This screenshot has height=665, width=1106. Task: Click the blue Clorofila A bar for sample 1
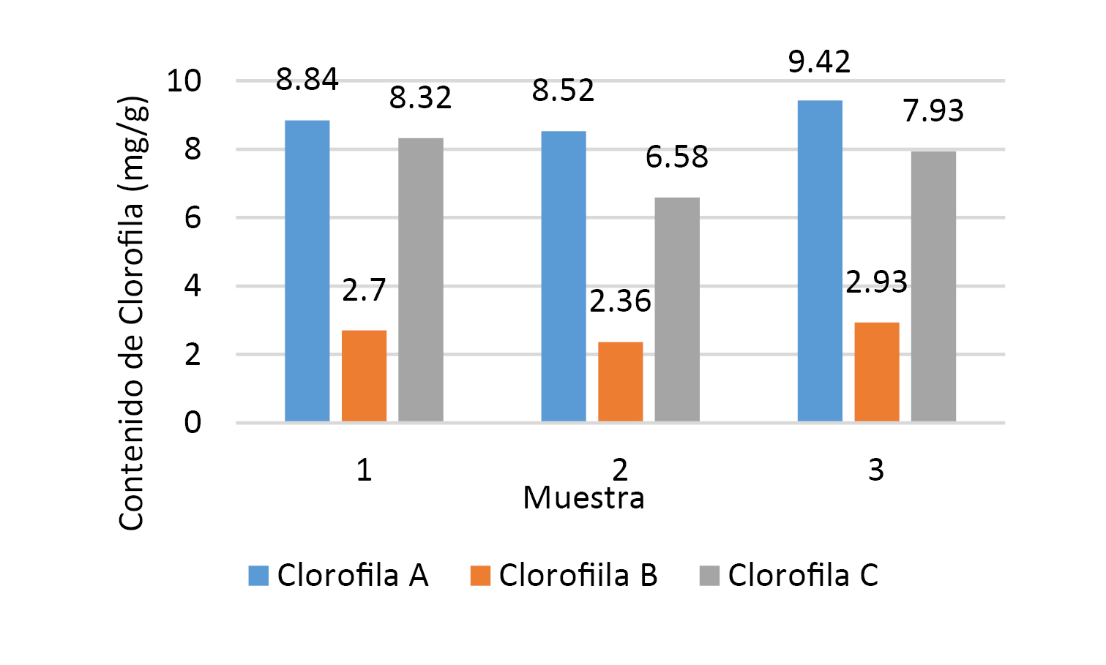point(307,271)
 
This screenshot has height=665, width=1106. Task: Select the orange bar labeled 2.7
point(364,376)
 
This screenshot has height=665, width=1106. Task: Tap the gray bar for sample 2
point(677,309)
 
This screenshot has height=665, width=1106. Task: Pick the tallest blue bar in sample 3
point(820,261)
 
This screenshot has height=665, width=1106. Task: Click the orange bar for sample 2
point(621,382)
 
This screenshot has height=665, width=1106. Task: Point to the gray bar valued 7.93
point(933,286)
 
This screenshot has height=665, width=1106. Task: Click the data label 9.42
point(819,62)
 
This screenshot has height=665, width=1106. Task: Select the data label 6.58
point(677,157)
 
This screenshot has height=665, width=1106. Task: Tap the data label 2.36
point(620,301)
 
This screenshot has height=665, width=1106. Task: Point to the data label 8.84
point(307,80)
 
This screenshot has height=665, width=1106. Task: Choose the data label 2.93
point(876,282)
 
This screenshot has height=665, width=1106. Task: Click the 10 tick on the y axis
point(184,81)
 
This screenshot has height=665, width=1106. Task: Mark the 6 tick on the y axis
point(193,218)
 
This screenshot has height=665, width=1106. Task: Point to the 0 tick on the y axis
point(193,423)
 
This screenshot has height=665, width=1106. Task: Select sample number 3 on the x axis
point(876,470)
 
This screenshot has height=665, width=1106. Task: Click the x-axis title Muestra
point(583,498)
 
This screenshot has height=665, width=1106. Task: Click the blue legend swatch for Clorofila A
point(258,576)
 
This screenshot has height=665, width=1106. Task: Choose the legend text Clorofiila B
point(578,576)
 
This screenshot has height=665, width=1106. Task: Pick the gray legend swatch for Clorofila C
point(709,576)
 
